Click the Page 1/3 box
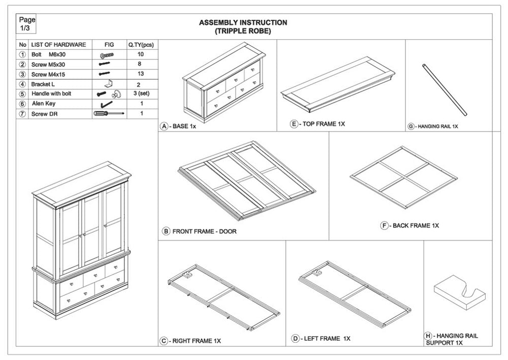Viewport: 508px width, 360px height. coord(27,24)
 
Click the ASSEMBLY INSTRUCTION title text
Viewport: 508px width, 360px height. coord(243,23)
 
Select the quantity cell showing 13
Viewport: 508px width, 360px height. coord(141,74)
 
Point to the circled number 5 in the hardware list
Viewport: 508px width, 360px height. coord(22,94)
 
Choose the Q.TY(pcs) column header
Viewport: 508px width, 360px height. coord(141,45)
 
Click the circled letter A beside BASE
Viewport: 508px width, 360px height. coord(164,126)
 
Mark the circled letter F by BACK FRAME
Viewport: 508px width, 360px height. coord(385,225)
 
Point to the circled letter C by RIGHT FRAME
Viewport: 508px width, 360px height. coord(164,341)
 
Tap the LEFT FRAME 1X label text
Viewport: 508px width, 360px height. coord(328,339)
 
